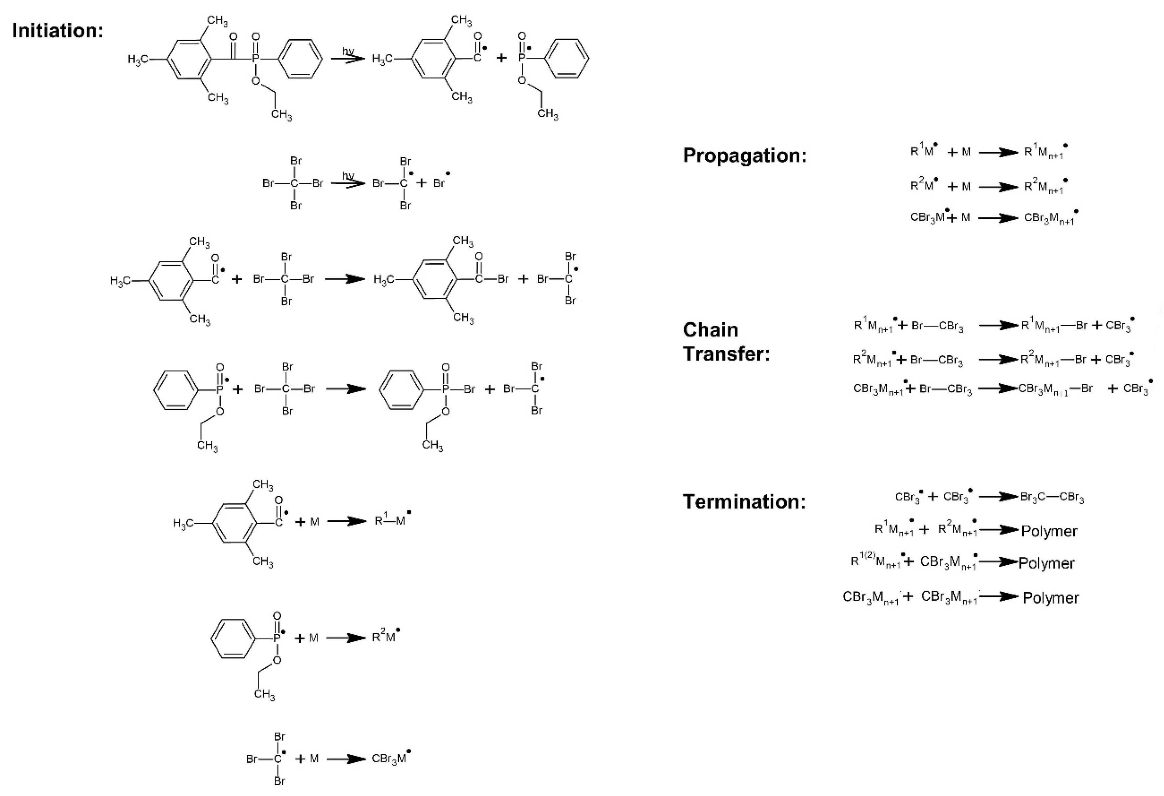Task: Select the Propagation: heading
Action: [745, 156]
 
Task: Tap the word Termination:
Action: [744, 501]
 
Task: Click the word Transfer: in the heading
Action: [726, 354]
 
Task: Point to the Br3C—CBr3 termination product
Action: [1052, 497]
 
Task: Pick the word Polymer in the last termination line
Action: [1050, 598]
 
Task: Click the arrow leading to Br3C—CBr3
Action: [999, 497]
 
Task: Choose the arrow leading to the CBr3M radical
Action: [347, 759]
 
